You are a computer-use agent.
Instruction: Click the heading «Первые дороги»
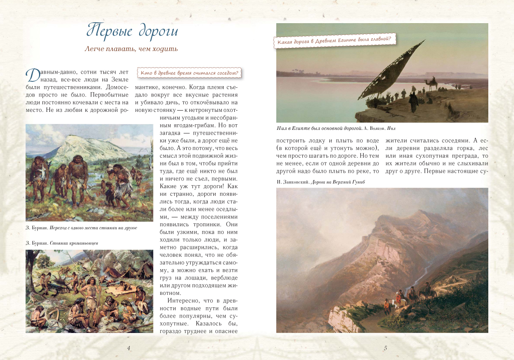click(x=132, y=31)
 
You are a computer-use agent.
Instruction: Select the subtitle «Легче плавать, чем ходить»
click(x=131, y=49)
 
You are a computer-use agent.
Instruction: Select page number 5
click(x=385, y=348)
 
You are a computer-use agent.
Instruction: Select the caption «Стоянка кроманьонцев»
click(x=75, y=243)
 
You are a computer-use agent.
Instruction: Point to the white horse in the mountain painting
click(x=403, y=302)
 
